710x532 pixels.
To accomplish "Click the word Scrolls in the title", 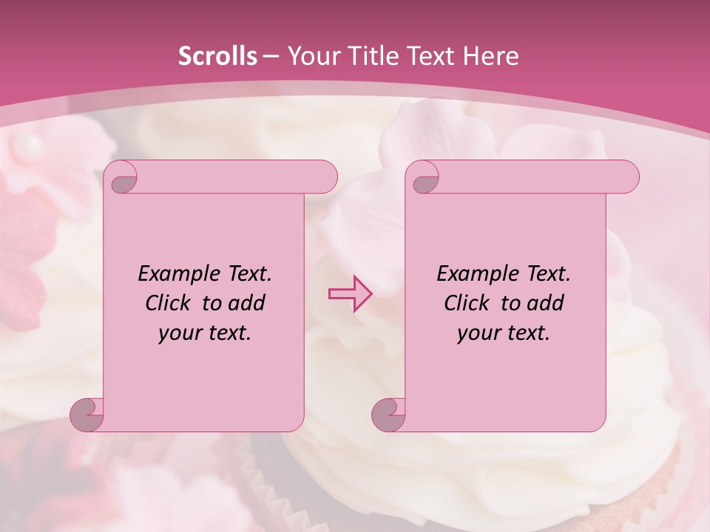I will [x=217, y=56].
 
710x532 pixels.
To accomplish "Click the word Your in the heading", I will [x=311, y=56].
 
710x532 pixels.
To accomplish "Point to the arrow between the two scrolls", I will [x=350, y=294].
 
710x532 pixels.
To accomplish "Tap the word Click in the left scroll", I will [x=170, y=303].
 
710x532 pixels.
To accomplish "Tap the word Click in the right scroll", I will [x=469, y=303].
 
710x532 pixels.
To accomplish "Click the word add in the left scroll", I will [x=246, y=303].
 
